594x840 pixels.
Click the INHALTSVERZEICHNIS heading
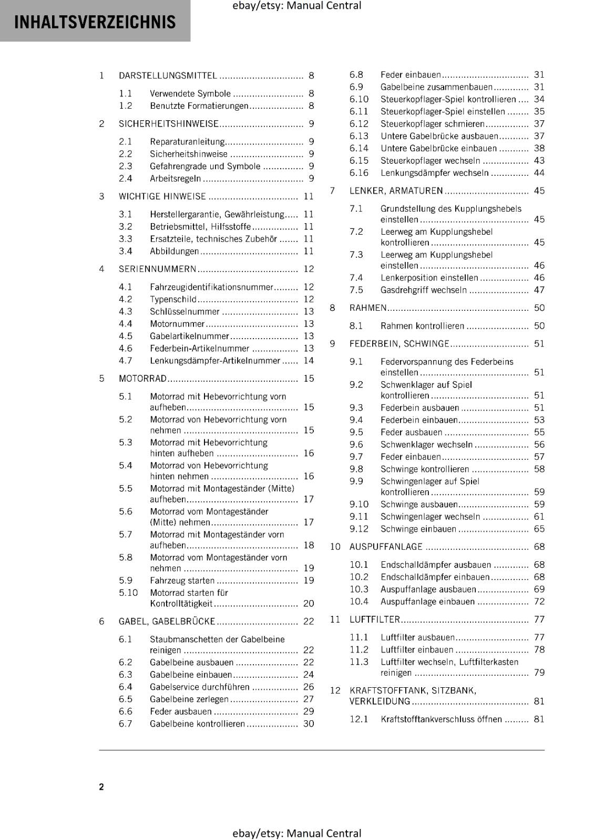tap(95, 22)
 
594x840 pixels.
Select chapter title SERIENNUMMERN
tap(157, 269)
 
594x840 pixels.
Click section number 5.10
tap(128, 592)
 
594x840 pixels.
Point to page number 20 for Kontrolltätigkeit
tap(309, 604)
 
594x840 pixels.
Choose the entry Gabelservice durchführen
tap(199, 687)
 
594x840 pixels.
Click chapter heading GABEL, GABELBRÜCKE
tap(167, 621)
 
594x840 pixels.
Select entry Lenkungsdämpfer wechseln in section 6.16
tap(434, 173)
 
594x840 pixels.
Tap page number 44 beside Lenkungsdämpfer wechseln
tap(539, 173)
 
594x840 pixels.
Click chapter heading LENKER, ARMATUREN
tap(396, 191)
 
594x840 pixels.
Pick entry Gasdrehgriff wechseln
tap(423, 290)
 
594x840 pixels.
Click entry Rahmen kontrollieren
tap(422, 325)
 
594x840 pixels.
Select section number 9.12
tap(359, 529)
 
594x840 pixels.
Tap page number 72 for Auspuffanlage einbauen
tap(539, 602)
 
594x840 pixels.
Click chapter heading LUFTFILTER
tap(374, 619)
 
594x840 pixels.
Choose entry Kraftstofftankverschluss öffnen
tap(441, 719)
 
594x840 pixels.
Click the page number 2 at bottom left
tap(101, 786)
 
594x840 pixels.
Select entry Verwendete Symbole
tap(190, 93)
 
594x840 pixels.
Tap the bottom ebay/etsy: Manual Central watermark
tap(296, 833)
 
